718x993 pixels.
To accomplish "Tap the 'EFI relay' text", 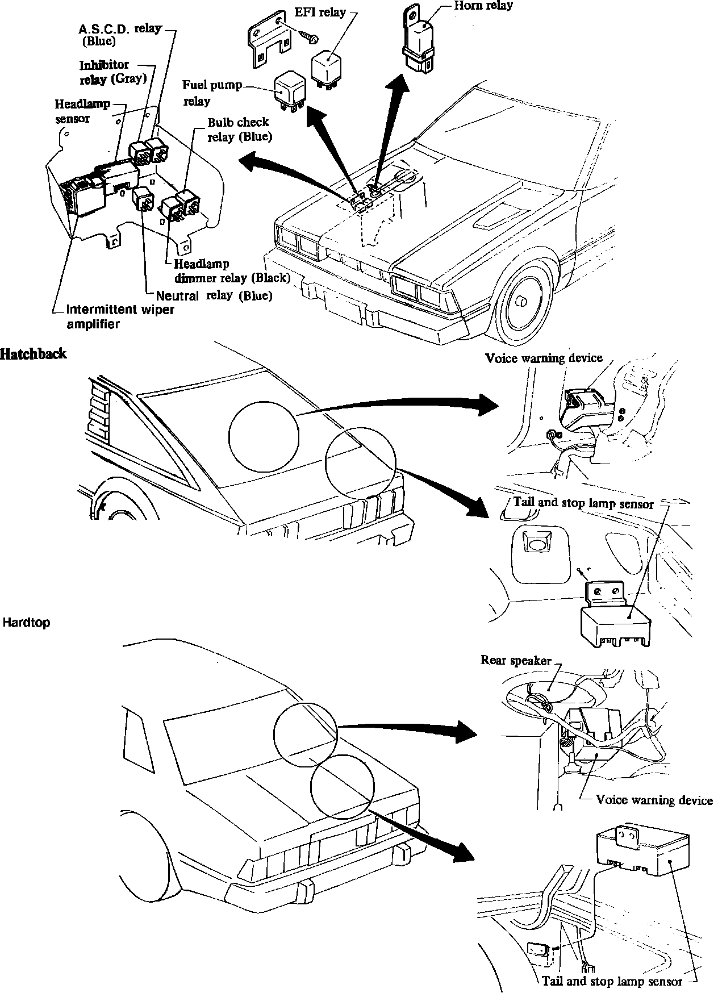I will [x=320, y=12].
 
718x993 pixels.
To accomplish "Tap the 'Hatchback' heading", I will [x=34, y=354].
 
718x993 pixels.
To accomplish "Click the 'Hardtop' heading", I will [x=26, y=622].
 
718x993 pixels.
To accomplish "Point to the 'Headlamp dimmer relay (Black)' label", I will [x=232, y=271].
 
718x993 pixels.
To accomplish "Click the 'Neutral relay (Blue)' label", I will [x=214, y=295].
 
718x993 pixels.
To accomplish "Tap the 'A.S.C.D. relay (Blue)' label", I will [x=120, y=34].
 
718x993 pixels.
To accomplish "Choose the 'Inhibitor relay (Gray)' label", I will [x=112, y=72].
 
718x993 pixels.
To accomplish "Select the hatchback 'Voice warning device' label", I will [x=543, y=358].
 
